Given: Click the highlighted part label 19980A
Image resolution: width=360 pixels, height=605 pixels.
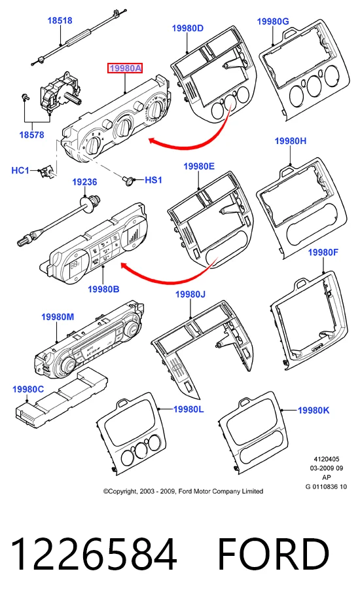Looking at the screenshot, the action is (125, 68).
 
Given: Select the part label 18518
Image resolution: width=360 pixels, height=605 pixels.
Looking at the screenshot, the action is (60, 20).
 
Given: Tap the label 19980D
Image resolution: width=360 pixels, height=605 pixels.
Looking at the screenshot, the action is (187, 28).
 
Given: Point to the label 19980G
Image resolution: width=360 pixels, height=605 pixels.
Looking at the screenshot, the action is (273, 22).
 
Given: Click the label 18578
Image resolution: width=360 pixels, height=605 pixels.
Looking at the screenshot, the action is (31, 135).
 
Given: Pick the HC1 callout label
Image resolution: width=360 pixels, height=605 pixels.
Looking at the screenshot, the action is (20, 170).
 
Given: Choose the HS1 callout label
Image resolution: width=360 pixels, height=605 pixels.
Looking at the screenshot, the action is (154, 180).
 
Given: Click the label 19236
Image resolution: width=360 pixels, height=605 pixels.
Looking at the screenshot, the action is (84, 182).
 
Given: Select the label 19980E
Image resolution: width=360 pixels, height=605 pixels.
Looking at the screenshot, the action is (199, 166).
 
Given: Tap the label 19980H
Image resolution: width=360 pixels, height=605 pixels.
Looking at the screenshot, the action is (291, 141).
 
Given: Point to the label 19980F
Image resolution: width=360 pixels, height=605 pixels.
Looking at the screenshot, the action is (323, 252).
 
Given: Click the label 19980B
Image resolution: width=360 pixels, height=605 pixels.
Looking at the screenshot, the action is (103, 289).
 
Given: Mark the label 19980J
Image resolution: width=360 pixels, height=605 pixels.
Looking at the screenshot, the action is (190, 295).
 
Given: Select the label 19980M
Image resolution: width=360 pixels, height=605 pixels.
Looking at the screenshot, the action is (58, 317).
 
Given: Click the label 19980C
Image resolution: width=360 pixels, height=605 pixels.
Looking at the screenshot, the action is (28, 390).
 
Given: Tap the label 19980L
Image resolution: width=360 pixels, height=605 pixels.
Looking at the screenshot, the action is (189, 409).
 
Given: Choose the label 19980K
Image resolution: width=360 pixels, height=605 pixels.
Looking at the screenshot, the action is (314, 410).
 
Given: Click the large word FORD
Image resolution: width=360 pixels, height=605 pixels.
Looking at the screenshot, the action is (273, 554).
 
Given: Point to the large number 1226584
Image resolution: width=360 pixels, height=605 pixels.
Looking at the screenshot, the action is (94, 554).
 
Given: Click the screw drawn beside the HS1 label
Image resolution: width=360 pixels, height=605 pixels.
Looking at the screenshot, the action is (129, 180).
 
